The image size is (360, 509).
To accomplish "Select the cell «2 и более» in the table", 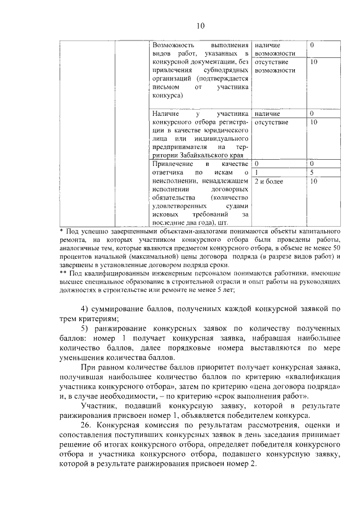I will (269, 181).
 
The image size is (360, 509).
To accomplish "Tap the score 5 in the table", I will (312, 172).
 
